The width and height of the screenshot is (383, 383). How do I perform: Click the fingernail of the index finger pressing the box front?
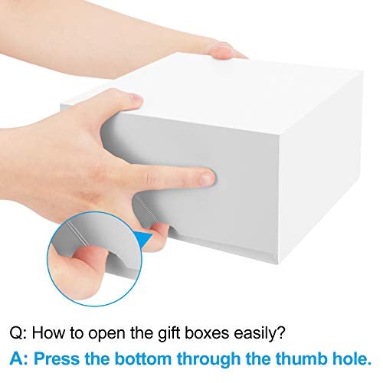(x=207, y=178)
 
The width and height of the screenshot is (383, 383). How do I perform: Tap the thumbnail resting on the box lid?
(x=135, y=98)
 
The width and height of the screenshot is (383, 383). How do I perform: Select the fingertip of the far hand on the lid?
(x=221, y=51)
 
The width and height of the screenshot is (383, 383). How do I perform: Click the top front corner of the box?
(x=280, y=134)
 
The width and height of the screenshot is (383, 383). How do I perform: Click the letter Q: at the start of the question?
(x=18, y=333)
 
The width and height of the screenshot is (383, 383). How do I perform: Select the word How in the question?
(x=48, y=332)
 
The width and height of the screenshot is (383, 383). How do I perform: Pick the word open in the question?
(x=107, y=335)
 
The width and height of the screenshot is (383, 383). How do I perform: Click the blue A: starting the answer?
(x=19, y=358)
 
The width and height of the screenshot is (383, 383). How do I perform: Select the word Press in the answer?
(x=57, y=358)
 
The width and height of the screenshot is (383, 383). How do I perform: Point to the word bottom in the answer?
(x=143, y=358)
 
